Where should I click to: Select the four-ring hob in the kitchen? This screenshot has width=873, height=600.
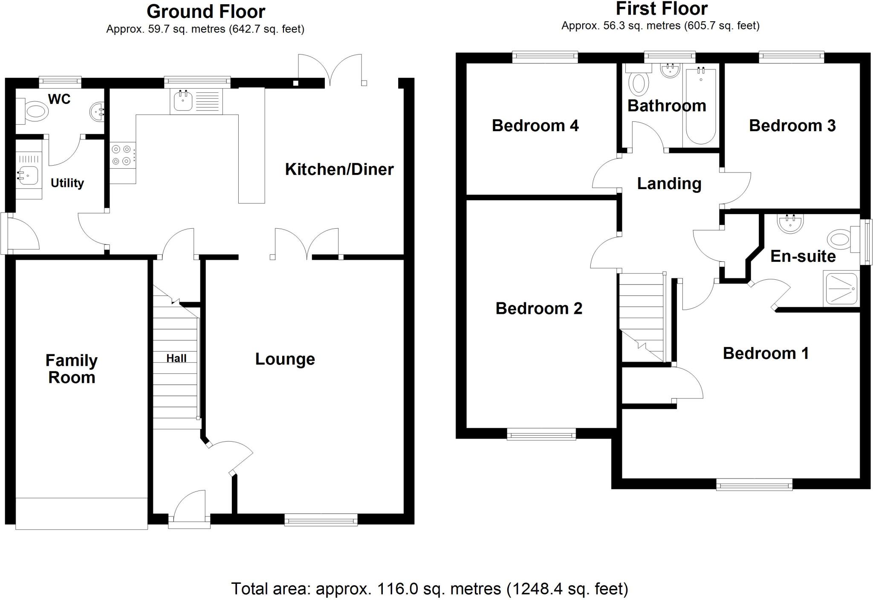(x=122, y=155)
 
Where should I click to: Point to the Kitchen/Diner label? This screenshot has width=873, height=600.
(x=339, y=169)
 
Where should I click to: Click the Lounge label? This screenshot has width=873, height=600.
(x=285, y=359)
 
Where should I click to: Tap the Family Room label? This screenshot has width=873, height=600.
(x=72, y=369)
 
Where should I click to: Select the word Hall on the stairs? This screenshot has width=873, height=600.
(x=176, y=359)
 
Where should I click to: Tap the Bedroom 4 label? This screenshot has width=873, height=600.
(x=535, y=126)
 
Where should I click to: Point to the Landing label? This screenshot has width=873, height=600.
(x=669, y=184)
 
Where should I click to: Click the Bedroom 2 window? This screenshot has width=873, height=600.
(x=541, y=435)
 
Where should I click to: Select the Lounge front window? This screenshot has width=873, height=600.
(x=321, y=520)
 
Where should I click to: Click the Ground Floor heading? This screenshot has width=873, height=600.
(x=205, y=11)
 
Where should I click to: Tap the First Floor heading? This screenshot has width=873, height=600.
(x=662, y=9)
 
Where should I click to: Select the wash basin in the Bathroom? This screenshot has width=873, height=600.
(x=670, y=70)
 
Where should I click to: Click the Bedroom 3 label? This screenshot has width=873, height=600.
(x=792, y=126)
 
